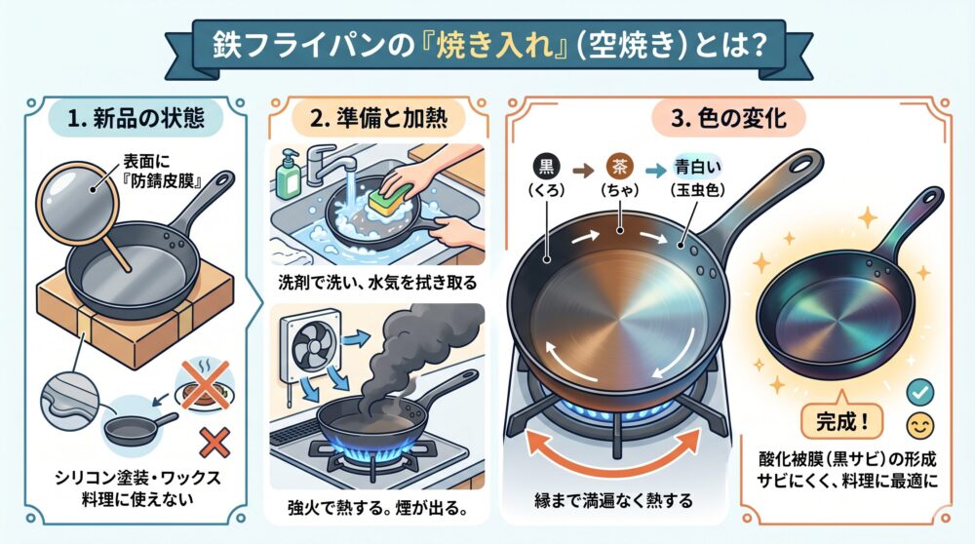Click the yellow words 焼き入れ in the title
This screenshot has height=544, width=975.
click(x=493, y=47)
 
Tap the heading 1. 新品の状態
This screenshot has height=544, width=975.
click(x=136, y=118)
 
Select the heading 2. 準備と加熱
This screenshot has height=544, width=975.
click(x=378, y=118)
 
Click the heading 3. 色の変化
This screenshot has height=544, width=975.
click(x=728, y=118)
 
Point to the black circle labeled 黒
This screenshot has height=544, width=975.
click(x=547, y=167)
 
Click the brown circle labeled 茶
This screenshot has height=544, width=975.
click(x=619, y=167)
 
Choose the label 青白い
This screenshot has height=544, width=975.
click(x=697, y=168)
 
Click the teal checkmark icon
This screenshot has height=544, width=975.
click(x=919, y=392)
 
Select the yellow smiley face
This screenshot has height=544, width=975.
click(x=920, y=426)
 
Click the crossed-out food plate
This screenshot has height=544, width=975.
click(x=205, y=386)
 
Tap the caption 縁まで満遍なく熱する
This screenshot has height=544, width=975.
click(x=613, y=500)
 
